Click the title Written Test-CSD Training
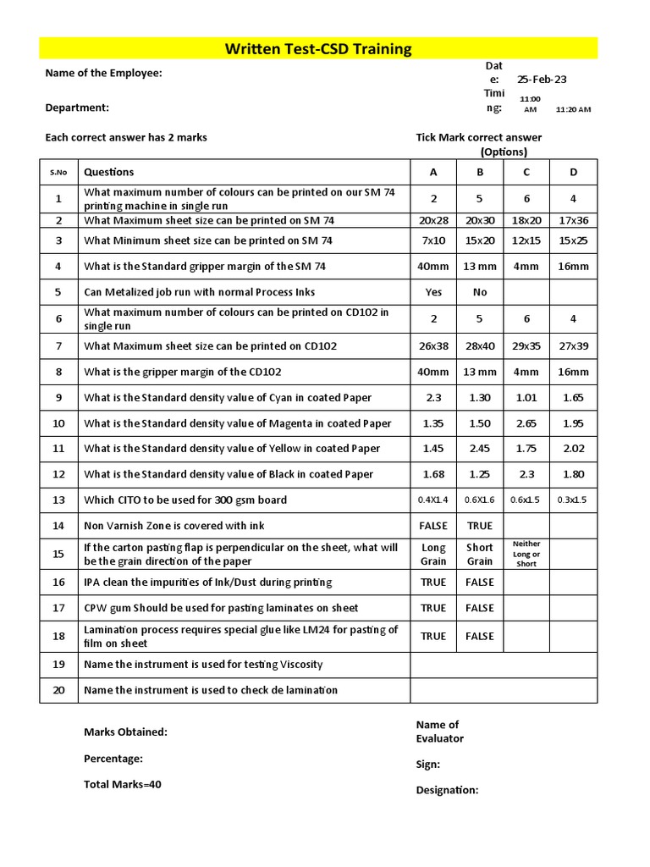[318, 49]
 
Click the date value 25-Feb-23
[542, 80]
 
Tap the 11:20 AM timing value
[573, 109]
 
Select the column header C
[526, 173]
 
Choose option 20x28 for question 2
[433, 220]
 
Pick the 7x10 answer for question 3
[433, 240]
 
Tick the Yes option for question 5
[433, 292]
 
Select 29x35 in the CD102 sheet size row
[526, 345]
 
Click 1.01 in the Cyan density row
[526, 397]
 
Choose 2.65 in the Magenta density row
[526, 423]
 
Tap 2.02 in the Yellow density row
[573, 449]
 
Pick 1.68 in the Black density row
[433, 474]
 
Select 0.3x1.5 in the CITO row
[573, 500]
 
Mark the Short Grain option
[480, 555]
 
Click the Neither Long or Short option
[526, 554]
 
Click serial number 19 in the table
[58, 665]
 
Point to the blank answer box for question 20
[504, 690]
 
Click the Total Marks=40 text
[122, 784]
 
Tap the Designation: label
[447, 790]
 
